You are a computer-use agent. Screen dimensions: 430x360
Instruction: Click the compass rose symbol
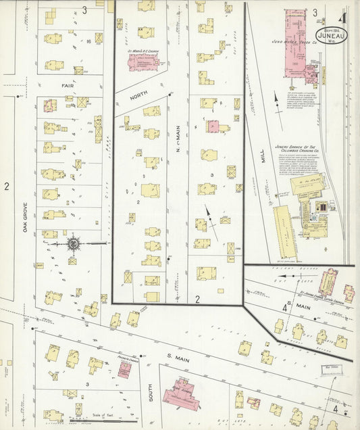[72, 243]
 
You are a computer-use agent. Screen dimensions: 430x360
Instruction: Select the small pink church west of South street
[124, 369]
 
